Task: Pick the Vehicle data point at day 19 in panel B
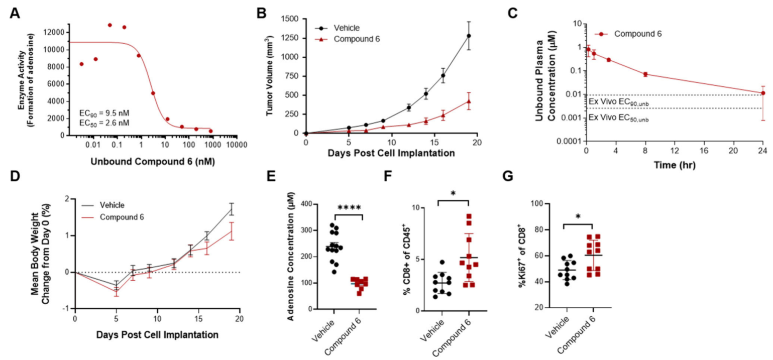point(469,36)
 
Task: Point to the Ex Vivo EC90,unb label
point(619,101)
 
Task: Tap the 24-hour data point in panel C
point(763,93)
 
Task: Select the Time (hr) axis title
point(674,164)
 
